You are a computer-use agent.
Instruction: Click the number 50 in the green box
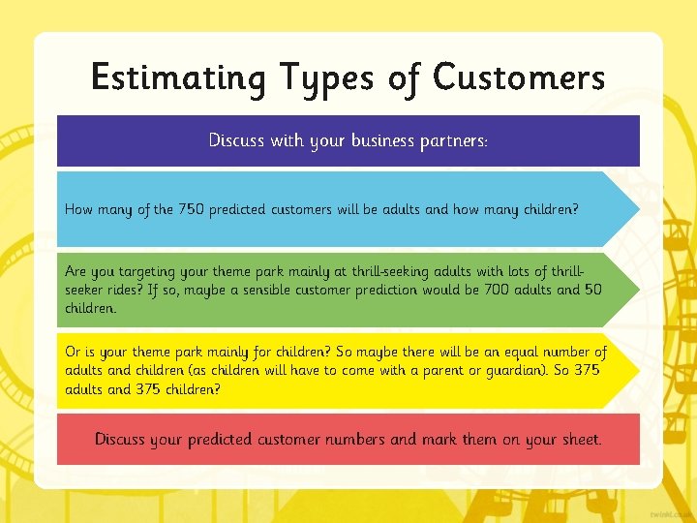592,289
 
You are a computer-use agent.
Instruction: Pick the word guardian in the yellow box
510,370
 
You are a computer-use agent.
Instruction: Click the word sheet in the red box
579,439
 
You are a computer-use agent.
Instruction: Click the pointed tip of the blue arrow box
638,208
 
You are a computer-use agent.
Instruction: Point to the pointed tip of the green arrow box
638,289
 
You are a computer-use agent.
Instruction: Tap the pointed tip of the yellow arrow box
638,370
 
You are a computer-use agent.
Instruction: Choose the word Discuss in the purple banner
236,140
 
